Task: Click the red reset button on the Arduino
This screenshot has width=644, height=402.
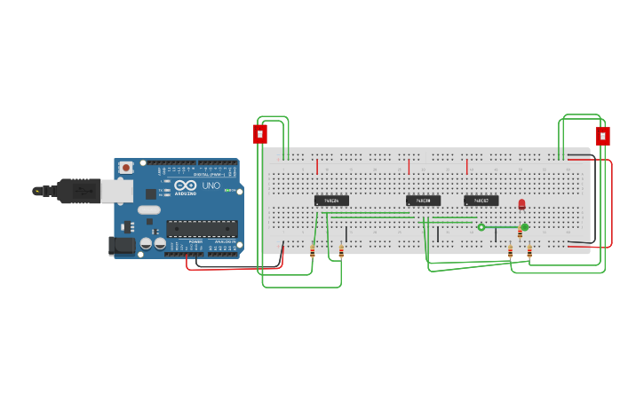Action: point(126,167)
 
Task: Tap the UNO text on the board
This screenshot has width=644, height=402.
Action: point(211,186)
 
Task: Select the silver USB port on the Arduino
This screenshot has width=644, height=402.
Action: point(116,190)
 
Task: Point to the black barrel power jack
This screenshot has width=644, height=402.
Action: point(121,246)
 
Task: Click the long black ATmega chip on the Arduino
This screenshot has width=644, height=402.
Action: point(202,228)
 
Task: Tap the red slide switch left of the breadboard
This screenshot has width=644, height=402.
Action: point(259,134)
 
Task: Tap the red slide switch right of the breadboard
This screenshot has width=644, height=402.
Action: point(602,137)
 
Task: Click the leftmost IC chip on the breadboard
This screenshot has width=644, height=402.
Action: point(331,201)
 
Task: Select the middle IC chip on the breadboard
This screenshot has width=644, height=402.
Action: point(423,201)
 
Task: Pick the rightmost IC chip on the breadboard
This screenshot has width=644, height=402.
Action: point(481,201)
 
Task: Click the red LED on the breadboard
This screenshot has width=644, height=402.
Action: point(521,204)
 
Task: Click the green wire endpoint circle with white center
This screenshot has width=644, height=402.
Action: point(481,227)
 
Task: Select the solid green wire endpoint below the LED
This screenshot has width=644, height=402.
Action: point(525,227)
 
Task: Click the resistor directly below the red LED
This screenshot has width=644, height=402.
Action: point(521,233)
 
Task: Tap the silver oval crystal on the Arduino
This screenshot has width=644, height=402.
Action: point(149,210)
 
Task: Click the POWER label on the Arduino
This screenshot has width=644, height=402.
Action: point(195,241)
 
